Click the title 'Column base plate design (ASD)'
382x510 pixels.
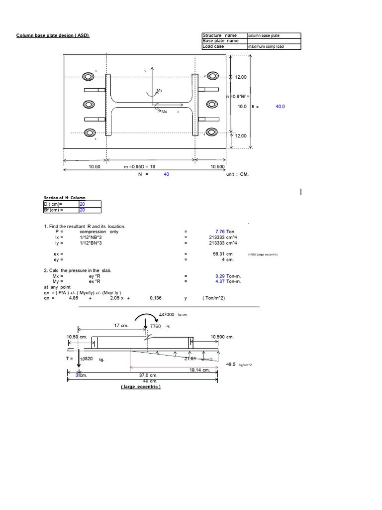coord(53,35)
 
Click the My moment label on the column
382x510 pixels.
coord(160,91)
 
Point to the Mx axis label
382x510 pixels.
coord(164,112)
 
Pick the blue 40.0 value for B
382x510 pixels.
coord(280,106)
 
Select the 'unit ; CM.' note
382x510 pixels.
coord(237,174)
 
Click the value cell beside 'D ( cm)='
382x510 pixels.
coord(90,204)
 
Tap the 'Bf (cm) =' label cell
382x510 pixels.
coord(61,210)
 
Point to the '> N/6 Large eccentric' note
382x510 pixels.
coord(263,255)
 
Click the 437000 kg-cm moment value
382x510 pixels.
coord(167,315)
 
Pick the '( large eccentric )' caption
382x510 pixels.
coord(141,386)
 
